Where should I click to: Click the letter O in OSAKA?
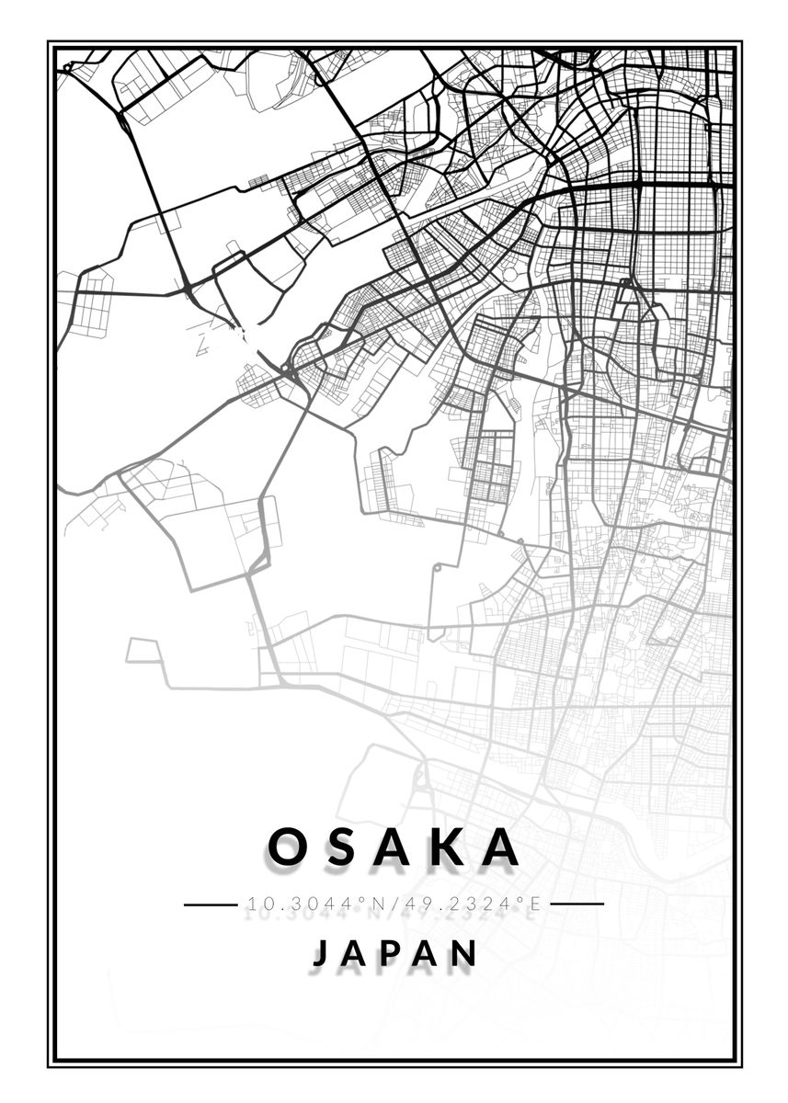click(288, 847)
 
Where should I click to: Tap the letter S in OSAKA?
click(340, 847)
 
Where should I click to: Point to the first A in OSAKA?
click(393, 847)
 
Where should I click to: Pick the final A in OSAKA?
click(500, 847)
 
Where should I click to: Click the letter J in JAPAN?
click(319, 953)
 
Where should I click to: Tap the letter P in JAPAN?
click(395, 953)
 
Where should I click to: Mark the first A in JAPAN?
click(357, 953)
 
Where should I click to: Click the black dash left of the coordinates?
click(211, 904)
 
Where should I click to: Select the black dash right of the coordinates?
click(577, 904)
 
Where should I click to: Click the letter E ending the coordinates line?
click(531, 904)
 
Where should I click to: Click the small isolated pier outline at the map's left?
click(142, 651)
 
